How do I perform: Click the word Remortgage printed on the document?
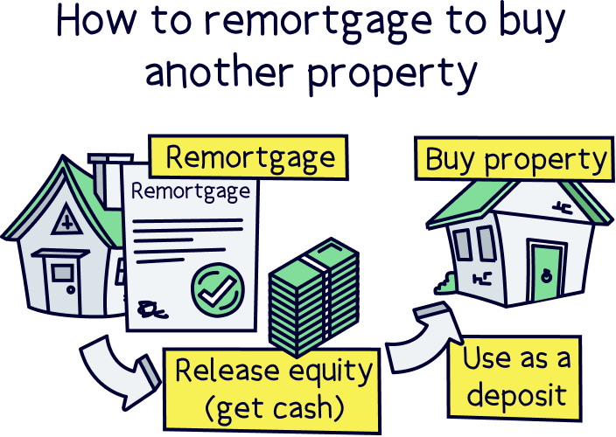pos(190,191)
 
